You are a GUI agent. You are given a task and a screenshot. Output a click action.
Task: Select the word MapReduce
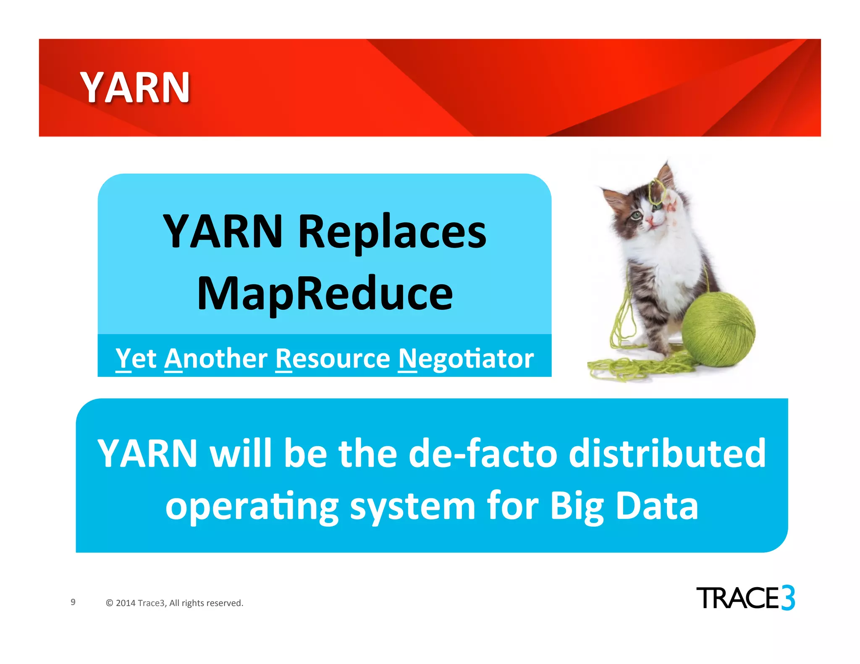click(325, 294)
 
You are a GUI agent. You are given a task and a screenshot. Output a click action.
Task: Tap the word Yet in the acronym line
click(136, 359)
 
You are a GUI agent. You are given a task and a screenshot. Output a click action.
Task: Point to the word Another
click(215, 359)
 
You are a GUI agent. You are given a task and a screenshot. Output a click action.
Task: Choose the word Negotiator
click(465, 359)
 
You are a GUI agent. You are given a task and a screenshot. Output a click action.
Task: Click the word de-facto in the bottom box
click(482, 454)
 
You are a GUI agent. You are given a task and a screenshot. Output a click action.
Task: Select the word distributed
click(667, 454)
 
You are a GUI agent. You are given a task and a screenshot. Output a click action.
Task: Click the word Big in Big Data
click(577, 506)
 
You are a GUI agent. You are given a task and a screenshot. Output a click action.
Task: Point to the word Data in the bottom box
click(657, 506)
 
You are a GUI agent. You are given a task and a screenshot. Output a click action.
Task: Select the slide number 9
click(73, 602)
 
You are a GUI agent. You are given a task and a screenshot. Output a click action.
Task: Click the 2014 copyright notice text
click(175, 603)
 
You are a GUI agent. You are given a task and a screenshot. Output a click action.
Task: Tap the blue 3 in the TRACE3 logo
click(788, 598)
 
